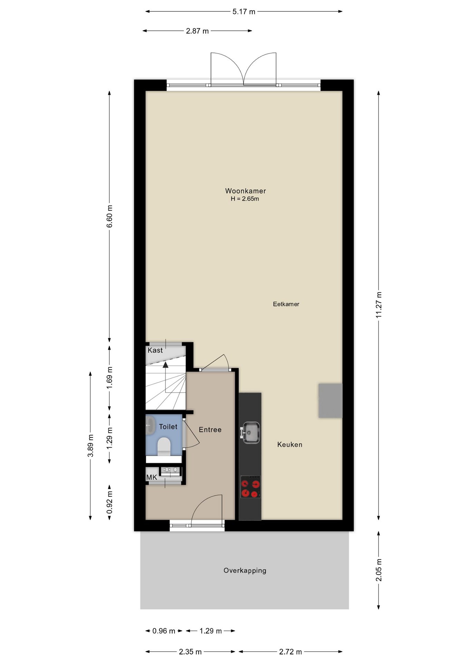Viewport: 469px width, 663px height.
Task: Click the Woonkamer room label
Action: pyautogui.click(x=245, y=191)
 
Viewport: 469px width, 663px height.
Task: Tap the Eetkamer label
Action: pyautogui.click(x=286, y=304)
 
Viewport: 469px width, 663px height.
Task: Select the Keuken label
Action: pyautogui.click(x=290, y=445)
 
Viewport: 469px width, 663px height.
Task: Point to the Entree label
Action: pyautogui.click(x=210, y=430)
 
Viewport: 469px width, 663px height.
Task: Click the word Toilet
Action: pyautogui.click(x=168, y=427)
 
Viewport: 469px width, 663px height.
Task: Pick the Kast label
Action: pyautogui.click(x=155, y=350)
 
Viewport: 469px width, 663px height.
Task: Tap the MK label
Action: pyautogui.click(x=152, y=478)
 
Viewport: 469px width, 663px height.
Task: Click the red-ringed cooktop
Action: pyautogui.click(x=250, y=487)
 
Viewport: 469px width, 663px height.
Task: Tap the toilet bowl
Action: pyautogui.click(x=164, y=446)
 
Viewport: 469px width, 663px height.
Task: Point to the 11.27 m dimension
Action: pyautogui.click(x=379, y=305)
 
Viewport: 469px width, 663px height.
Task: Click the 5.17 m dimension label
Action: pyautogui.click(x=244, y=12)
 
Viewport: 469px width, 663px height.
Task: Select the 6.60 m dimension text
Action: pyautogui.click(x=109, y=217)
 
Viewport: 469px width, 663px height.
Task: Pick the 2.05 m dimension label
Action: pyautogui.click(x=379, y=570)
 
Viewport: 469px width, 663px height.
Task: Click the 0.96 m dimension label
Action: pyautogui.click(x=164, y=631)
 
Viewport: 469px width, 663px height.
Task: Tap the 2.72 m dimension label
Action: pyautogui.click(x=290, y=652)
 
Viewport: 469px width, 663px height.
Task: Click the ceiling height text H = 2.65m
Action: pyautogui.click(x=245, y=199)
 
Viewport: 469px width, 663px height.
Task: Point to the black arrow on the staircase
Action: pyautogui.click(x=165, y=365)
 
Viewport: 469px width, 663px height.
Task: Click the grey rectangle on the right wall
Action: pyautogui.click(x=331, y=401)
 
